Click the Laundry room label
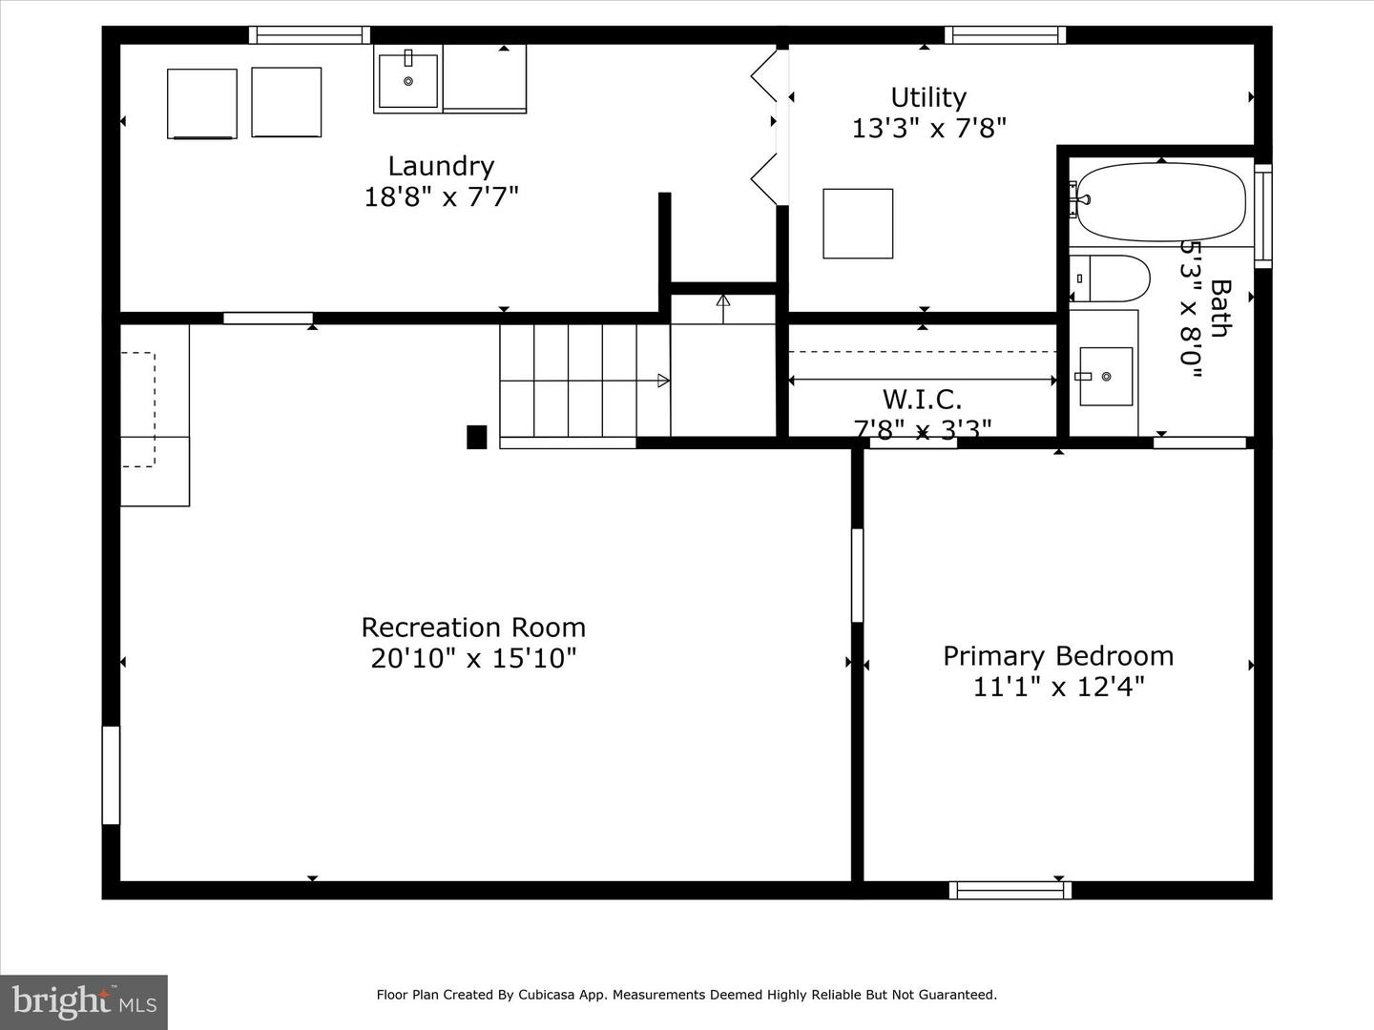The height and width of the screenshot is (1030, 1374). [x=442, y=166]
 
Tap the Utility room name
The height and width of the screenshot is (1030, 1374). [x=928, y=98]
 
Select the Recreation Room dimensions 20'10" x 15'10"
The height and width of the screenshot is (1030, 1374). [x=473, y=658]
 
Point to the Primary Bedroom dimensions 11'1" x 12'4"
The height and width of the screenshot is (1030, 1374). [x=1058, y=688]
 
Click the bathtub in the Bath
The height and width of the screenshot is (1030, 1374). [x=1160, y=202]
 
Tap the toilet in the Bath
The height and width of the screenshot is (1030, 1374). [x=1110, y=278]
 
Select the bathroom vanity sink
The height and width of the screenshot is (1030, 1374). [x=1106, y=377]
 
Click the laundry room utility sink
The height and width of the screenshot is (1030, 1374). [x=408, y=81]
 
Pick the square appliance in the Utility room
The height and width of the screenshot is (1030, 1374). [x=858, y=223]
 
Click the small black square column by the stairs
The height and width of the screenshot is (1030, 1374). [x=476, y=437]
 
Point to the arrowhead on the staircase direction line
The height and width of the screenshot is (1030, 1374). [x=663, y=381]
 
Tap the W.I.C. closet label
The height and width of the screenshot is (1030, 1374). [x=922, y=399]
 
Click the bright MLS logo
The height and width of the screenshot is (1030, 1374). [x=84, y=1001]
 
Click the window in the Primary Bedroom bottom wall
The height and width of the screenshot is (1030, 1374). [x=1010, y=890]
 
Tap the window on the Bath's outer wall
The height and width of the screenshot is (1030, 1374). [x=1263, y=216]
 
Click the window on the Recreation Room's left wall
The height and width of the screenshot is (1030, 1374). [x=111, y=774]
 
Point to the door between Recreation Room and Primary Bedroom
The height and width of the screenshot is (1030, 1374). [x=858, y=575]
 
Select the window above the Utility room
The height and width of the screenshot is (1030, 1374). [x=1006, y=35]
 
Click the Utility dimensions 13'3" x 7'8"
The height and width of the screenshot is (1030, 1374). [x=929, y=129]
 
